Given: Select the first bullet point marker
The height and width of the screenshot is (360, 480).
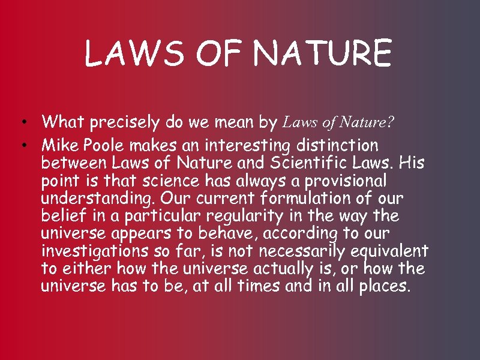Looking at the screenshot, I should coord(20,124).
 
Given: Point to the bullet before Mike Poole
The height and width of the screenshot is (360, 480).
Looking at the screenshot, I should coord(20,146).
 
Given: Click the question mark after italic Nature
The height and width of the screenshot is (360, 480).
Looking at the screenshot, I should coord(391,123).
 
